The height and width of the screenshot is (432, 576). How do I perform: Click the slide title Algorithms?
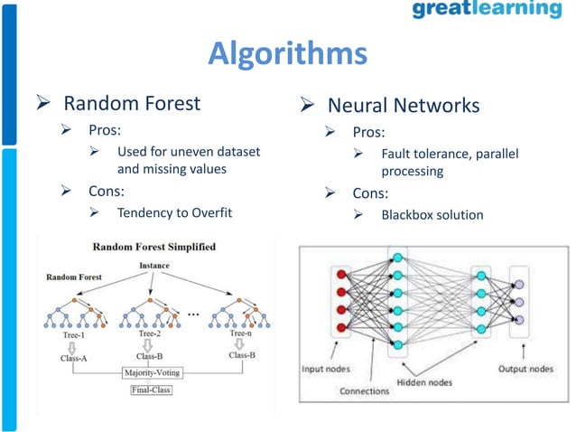[287, 53]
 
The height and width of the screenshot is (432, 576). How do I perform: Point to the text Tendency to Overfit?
[174, 213]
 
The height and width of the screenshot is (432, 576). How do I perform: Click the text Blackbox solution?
[432, 215]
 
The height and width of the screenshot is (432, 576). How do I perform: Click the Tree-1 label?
[70, 333]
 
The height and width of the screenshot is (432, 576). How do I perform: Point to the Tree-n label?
[241, 333]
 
